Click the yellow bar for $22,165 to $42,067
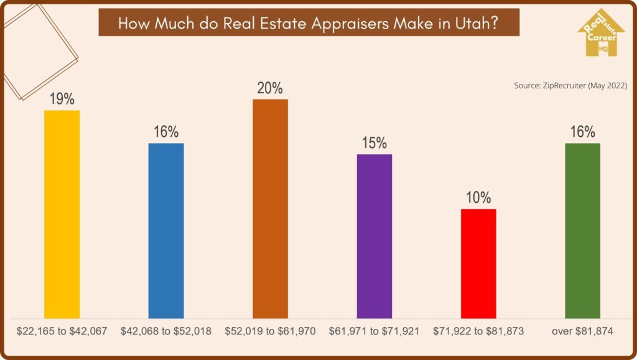[x=62, y=215]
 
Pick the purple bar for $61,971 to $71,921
[x=374, y=237]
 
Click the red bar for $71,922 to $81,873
[x=478, y=264]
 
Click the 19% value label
[x=62, y=99]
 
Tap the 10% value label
[x=478, y=198]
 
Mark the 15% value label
[x=374, y=143]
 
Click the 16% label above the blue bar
[x=166, y=132]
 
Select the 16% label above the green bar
[x=582, y=132]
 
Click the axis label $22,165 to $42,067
[x=62, y=331]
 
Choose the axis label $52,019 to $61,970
[x=270, y=331]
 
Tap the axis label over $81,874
[x=582, y=331]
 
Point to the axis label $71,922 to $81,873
[x=478, y=331]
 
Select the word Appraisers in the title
[x=350, y=23]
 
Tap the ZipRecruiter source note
[x=570, y=85]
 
